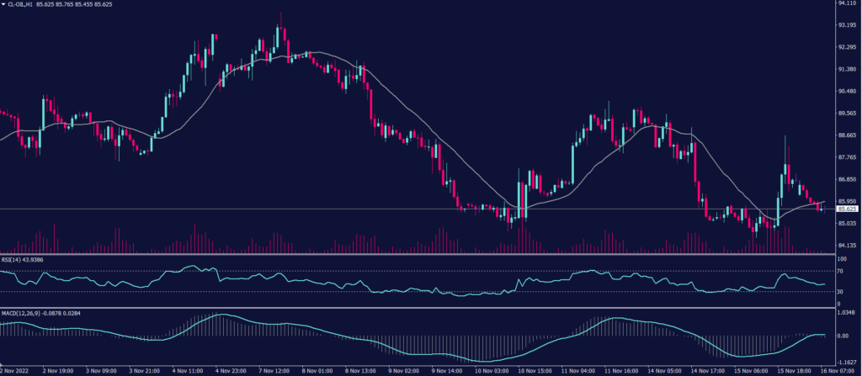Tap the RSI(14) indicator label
[13, 260]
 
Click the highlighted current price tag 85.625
[847, 209]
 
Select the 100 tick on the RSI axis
[841, 259]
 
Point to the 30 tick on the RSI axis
[839, 292]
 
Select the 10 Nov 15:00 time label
[535, 369]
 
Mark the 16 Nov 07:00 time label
[839, 369]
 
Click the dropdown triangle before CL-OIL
[3, 4]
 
